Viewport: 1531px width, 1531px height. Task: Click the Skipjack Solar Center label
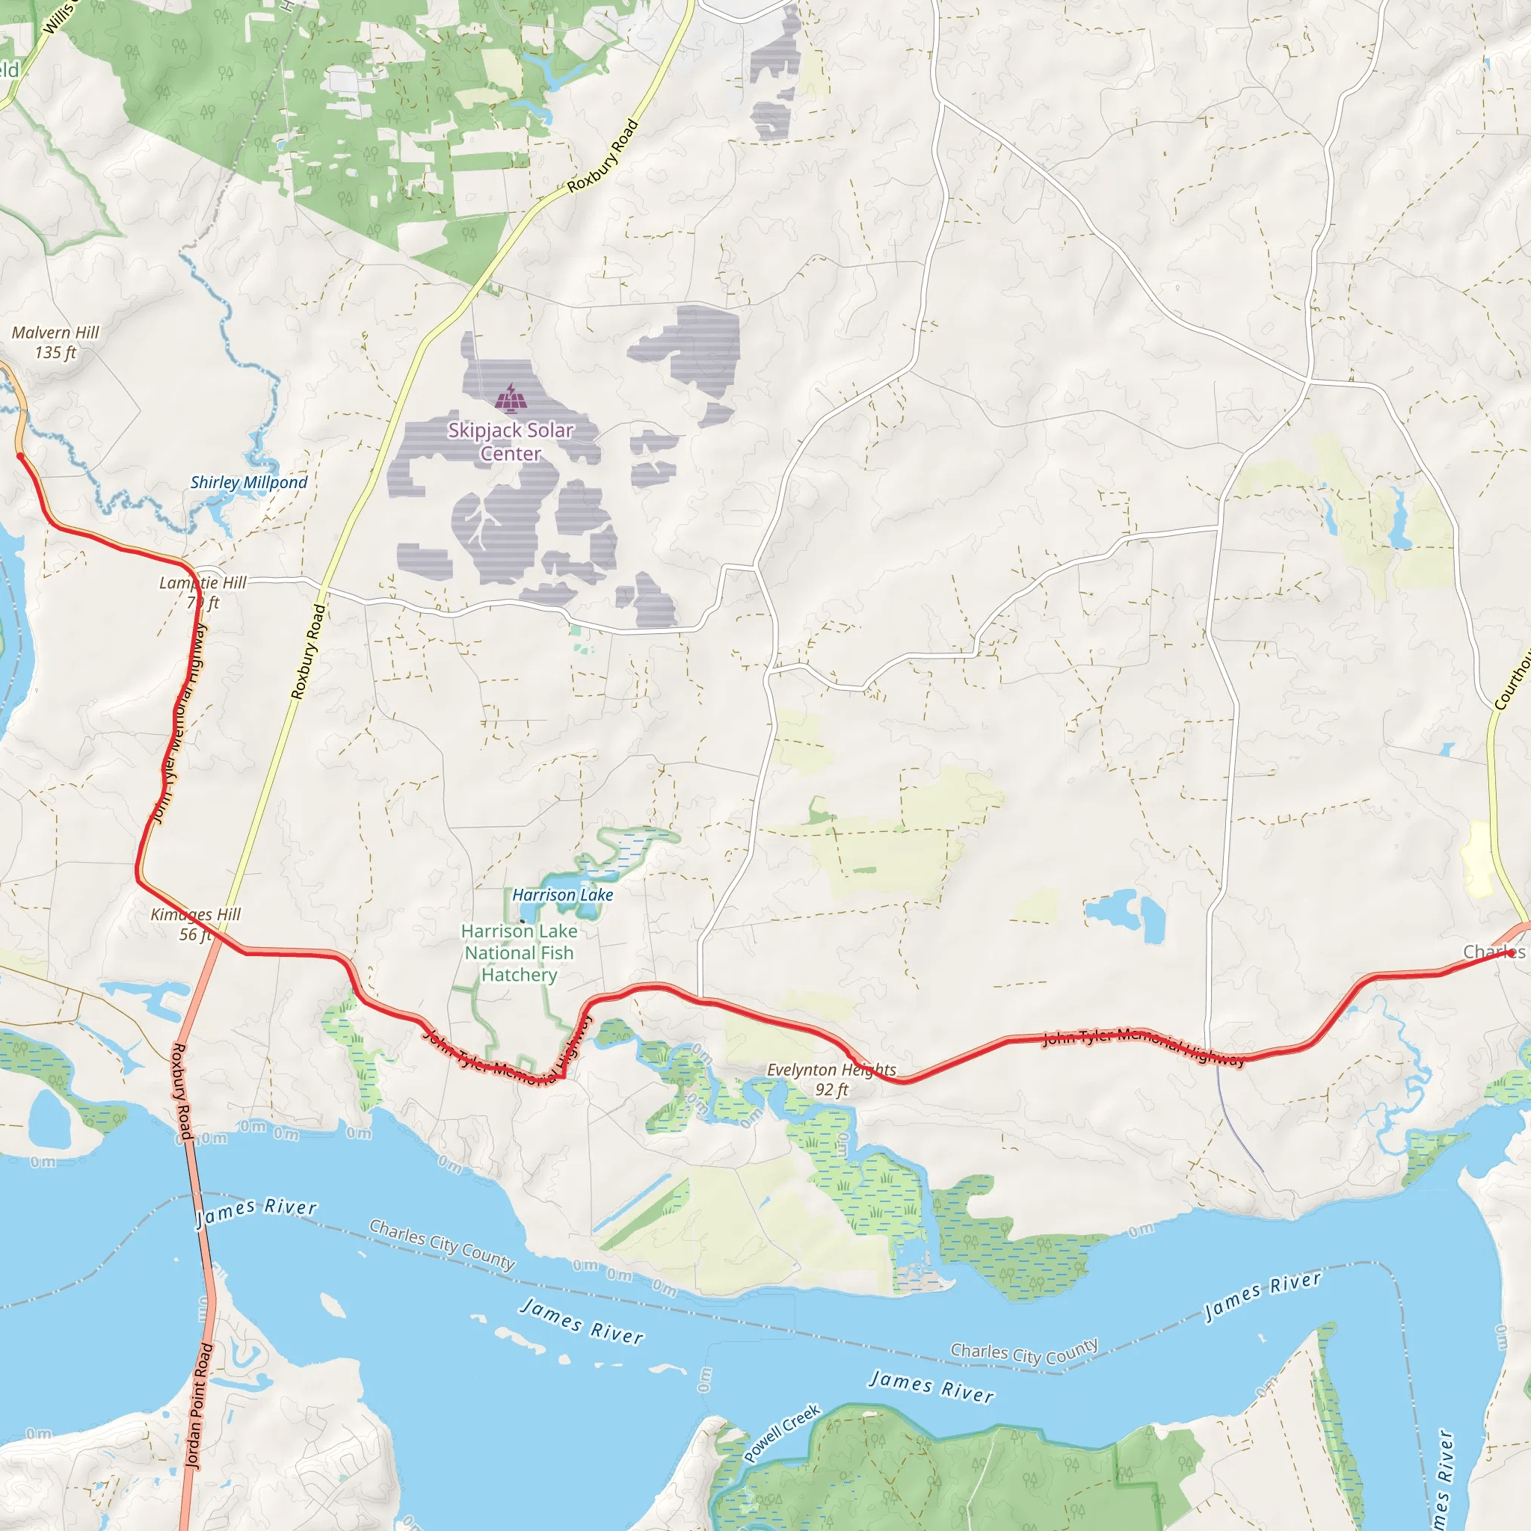511,441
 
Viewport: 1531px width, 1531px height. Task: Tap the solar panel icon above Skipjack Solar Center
511,398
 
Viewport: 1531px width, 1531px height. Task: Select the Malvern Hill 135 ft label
55,342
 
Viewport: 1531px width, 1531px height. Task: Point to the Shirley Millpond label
249,483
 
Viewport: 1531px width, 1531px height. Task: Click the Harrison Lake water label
563,895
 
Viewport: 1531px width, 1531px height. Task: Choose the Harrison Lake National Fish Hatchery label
519,952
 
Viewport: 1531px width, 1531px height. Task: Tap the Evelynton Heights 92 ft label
831,1079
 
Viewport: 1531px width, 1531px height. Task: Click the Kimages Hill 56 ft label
195,924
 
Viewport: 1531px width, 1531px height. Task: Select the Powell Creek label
782,1434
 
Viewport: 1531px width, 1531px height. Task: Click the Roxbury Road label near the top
603,156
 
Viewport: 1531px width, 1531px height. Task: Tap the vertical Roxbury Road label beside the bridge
182,1092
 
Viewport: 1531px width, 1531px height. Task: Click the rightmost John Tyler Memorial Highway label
1143,1046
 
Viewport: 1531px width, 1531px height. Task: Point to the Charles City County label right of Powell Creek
1024,1352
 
